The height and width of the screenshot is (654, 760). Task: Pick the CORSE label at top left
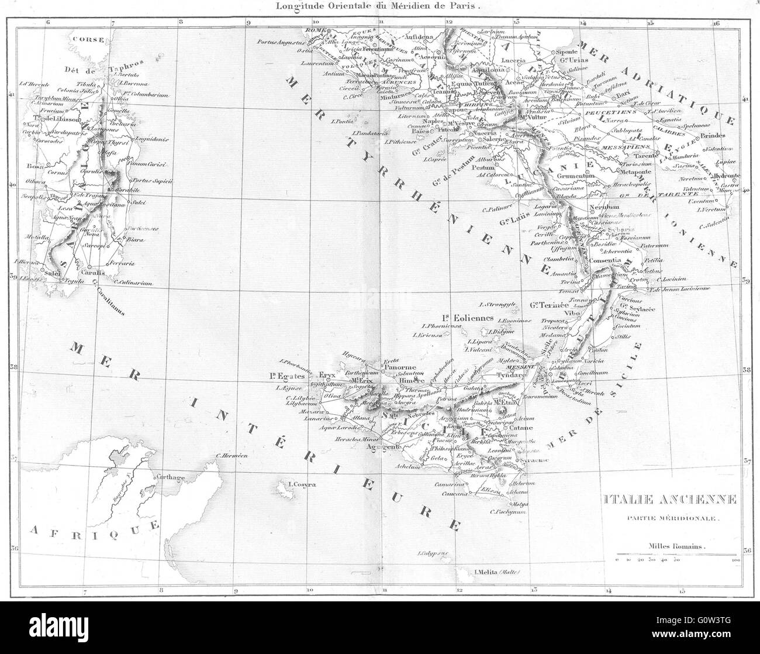tap(88, 39)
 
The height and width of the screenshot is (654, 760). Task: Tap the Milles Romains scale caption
tap(676, 546)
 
